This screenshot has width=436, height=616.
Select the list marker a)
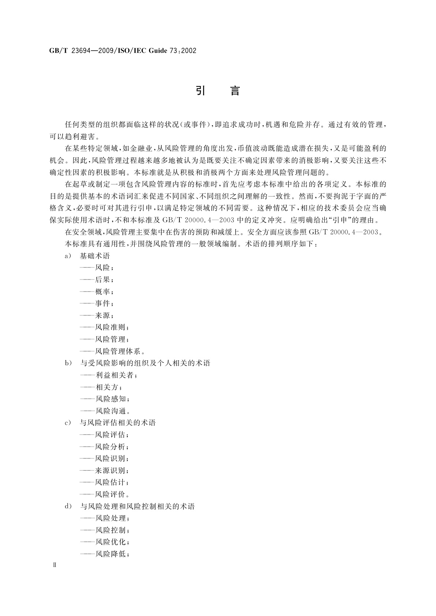(x=68, y=256)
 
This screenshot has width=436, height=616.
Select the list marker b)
(x=68, y=363)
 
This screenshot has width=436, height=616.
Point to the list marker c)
(x=68, y=423)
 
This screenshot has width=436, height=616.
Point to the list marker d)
(x=68, y=507)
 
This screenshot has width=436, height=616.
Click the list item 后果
(x=103, y=280)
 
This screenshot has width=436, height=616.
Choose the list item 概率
(x=103, y=292)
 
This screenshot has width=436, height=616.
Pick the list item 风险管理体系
(x=118, y=352)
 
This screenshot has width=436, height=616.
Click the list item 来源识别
(x=111, y=470)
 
